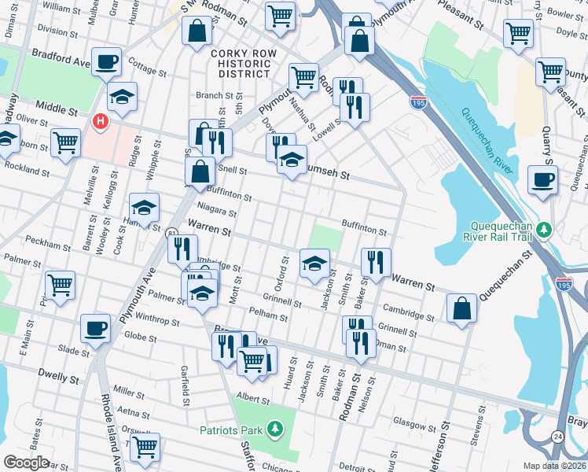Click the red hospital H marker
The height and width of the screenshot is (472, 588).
[x=100, y=121]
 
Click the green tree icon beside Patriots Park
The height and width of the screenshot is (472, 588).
[x=274, y=429]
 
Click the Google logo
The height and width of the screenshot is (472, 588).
[x=26, y=463]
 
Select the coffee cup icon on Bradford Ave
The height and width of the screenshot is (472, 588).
[x=106, y=61]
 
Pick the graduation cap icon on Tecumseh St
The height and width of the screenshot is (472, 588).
[x=292, y=160]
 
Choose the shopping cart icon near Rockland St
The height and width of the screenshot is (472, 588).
[x=65, y=143]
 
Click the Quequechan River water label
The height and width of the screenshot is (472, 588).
[x=487, y=142]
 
